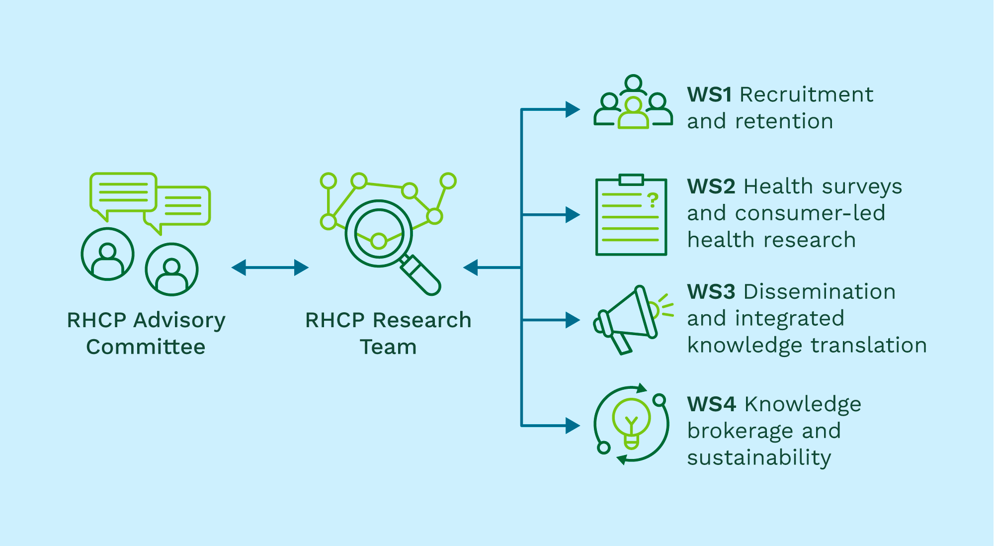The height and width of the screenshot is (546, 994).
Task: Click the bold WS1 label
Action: pyautogui.click(x=709, y=94)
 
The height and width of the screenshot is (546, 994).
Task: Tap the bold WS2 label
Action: pyautogui.click(x=711, y=186)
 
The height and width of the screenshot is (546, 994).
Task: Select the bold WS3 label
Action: pyautogui.click(x=711, y=292)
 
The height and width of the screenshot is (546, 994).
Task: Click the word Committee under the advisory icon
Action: pyautogui.click(x=146, y=347)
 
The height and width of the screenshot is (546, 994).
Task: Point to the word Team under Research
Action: pyautogui.click(x=388, y=347)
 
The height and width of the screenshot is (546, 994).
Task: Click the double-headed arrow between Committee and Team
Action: pyautogui.click(x=270, y=268)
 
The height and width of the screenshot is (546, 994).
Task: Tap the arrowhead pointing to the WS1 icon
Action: pyautogui.click(x=573, y=109)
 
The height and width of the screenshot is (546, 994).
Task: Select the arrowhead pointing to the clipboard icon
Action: pyautogui.click(x=573, y=215)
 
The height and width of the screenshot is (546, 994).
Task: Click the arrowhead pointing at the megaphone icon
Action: pyautogui.click(x=573, y=320)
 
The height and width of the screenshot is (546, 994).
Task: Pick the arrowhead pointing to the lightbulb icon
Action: pyautogui.click(x=573, y=426)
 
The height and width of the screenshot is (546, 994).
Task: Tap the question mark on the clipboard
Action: pyautogui.click(x=653, y=200)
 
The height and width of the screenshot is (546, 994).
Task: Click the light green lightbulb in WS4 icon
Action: pyautogui.click(x=631, y=420)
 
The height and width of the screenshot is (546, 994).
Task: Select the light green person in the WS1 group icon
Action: pyautogui.click(x=633, y=115)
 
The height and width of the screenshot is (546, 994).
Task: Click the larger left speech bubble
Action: pyautogui.click(x=123, y=193)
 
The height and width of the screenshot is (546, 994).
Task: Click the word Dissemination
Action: pyautogui.click(x=820, y=292)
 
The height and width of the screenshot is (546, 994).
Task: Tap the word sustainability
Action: pyautogui.click(x=759, y=458)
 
